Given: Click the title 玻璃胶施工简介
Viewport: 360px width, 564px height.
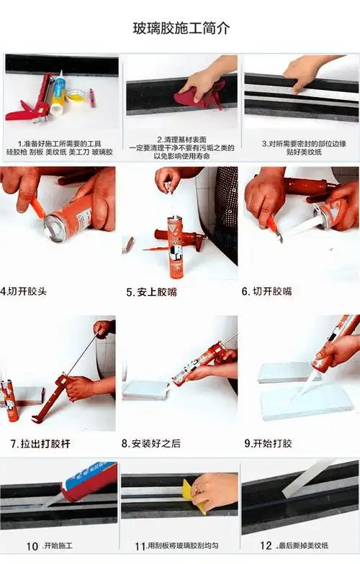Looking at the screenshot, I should pos(181,29).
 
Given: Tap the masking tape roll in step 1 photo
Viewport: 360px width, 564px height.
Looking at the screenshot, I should pos(75,96).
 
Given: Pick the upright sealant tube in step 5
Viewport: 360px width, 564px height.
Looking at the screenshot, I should pos(175,245).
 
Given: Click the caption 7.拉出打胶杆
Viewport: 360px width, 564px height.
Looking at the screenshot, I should pos(40,444).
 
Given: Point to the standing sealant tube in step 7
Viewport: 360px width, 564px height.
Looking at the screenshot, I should pos(9,400).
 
